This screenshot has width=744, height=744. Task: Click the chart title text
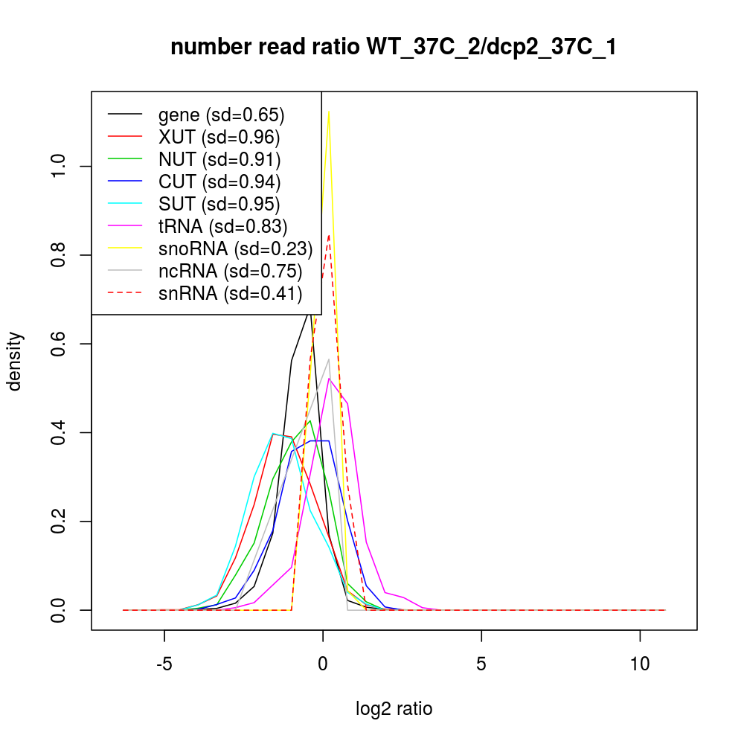click(x=394, y=48)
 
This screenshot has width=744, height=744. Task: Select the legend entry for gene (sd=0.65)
click(x=222, y=115)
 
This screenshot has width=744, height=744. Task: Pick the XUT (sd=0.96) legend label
click(x=219, y=138)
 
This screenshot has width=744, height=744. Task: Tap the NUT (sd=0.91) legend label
click(x=219, y=160)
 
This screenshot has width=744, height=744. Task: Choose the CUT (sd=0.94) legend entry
click(x=219, y=182)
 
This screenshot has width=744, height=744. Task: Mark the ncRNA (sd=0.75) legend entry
click(x=230, y=272)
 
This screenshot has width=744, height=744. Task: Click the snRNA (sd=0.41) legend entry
click(x=230, y=294)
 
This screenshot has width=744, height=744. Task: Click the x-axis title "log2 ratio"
click(x=394, y=709)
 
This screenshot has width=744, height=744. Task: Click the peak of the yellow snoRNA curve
click(x=329, y=112)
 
